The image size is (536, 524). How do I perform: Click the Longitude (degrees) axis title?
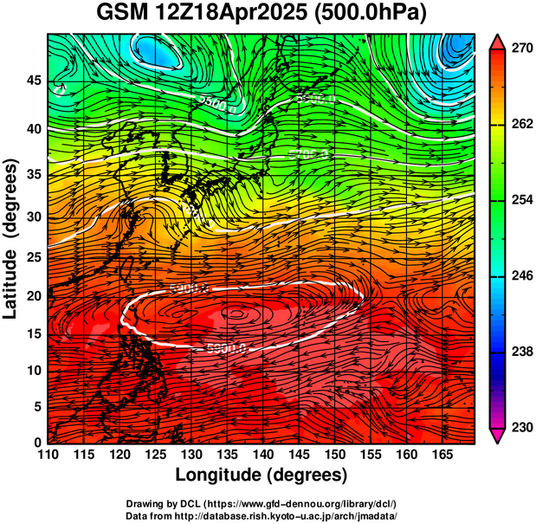[x=262, y=475]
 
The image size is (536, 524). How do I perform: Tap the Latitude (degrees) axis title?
[x=11, y=238]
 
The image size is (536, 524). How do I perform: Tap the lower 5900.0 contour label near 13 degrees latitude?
[x=228, y=348]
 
